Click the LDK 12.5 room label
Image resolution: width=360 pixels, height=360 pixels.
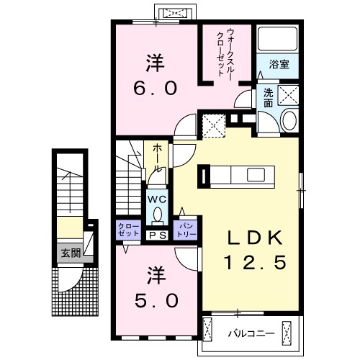click(252, 251)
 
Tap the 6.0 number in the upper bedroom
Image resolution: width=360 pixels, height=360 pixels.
click(153, 88)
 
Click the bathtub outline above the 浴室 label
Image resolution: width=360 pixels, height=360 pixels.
click(277, 41)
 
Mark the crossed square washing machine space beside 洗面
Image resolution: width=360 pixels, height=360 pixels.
click(289, 95)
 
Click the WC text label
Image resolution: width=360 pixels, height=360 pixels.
click(157, 198)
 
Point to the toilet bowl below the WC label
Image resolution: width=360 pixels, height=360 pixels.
click(157, 214)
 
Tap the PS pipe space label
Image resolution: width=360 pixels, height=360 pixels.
click(157, 235)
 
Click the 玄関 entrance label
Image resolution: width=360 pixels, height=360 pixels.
click(70, 253)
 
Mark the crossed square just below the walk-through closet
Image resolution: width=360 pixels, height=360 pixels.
click(214, 125)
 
